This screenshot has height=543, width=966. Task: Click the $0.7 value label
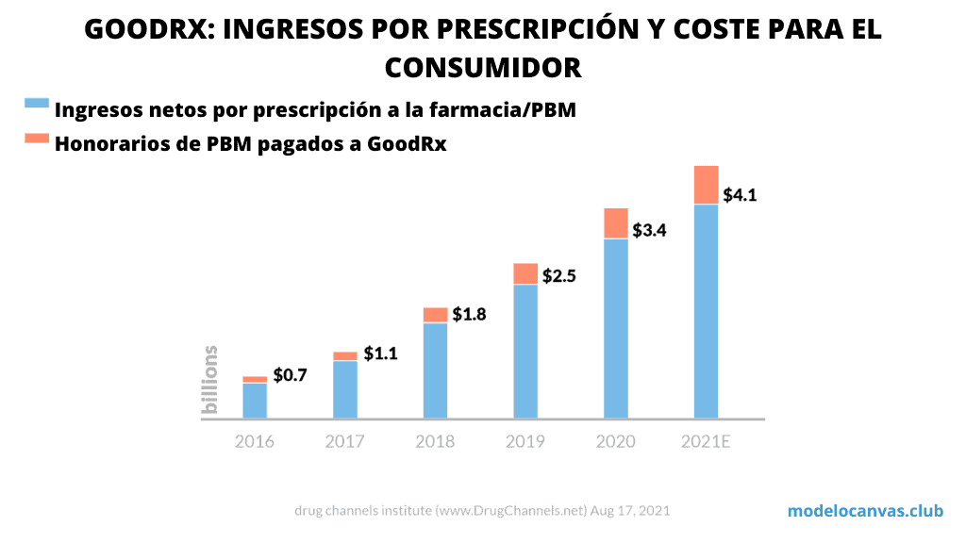[x=290, y=375]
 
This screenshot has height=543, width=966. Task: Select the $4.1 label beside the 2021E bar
[x=741, y=196]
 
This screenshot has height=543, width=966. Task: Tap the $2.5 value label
[x=558, y=276]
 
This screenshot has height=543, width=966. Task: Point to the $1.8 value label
[x=469, y=314]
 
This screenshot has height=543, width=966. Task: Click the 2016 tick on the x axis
[x=255, y=441]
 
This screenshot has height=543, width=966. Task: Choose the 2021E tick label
[x=706, y=441]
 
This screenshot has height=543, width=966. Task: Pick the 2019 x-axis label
[x=525, y=441]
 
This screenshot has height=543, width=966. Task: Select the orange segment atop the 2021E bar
[x=706, y=185]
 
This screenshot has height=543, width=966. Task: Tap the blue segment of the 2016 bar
[x=255, y=400]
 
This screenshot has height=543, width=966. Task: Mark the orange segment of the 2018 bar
[x=435, y=315]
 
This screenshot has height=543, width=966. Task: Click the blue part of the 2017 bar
[x=345, y=388]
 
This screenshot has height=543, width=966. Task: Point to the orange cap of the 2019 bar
[x=525, y=273]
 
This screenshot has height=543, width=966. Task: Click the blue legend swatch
[x=37, y=104]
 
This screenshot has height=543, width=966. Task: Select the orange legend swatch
[x=37, y=139]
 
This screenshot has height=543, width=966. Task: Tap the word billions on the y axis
[x=210, y=380]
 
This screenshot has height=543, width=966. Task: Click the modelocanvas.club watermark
[x=865, y=511]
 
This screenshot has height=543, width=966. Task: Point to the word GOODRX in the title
[x=144, y=29]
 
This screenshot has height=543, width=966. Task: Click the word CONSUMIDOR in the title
[x=482, y=68]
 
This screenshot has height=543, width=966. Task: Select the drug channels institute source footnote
[x=482, y=511]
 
